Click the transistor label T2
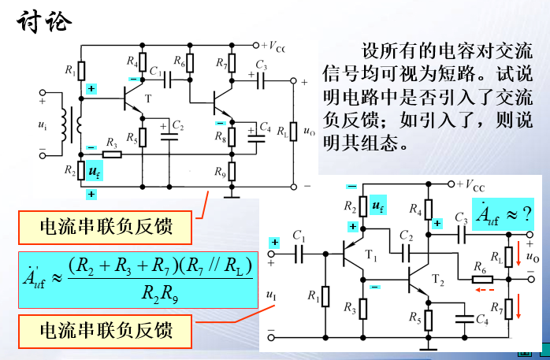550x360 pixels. tap(439, 279)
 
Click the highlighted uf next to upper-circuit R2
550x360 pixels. tap(94, 169)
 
